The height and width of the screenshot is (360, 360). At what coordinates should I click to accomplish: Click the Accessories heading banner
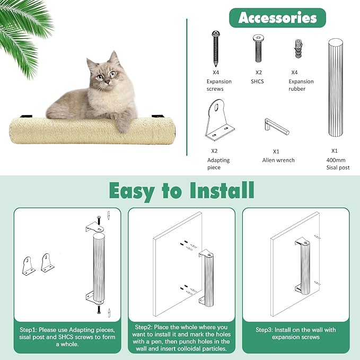tap(277, 17)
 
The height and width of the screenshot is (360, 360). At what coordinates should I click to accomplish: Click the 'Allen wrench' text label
tap(278, 160)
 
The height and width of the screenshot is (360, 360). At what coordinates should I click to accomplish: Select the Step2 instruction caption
tap(181, 337)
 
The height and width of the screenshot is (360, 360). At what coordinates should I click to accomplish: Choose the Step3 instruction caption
tap(295, 333)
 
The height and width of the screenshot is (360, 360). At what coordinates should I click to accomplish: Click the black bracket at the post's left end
tap(26, 117)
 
